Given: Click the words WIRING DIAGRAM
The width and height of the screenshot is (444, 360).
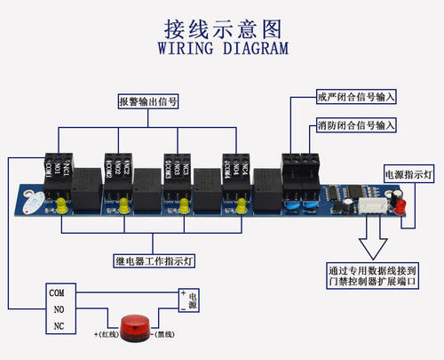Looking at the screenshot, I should pos(221,47).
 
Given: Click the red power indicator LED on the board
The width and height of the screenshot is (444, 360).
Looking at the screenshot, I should pos(399,208).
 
